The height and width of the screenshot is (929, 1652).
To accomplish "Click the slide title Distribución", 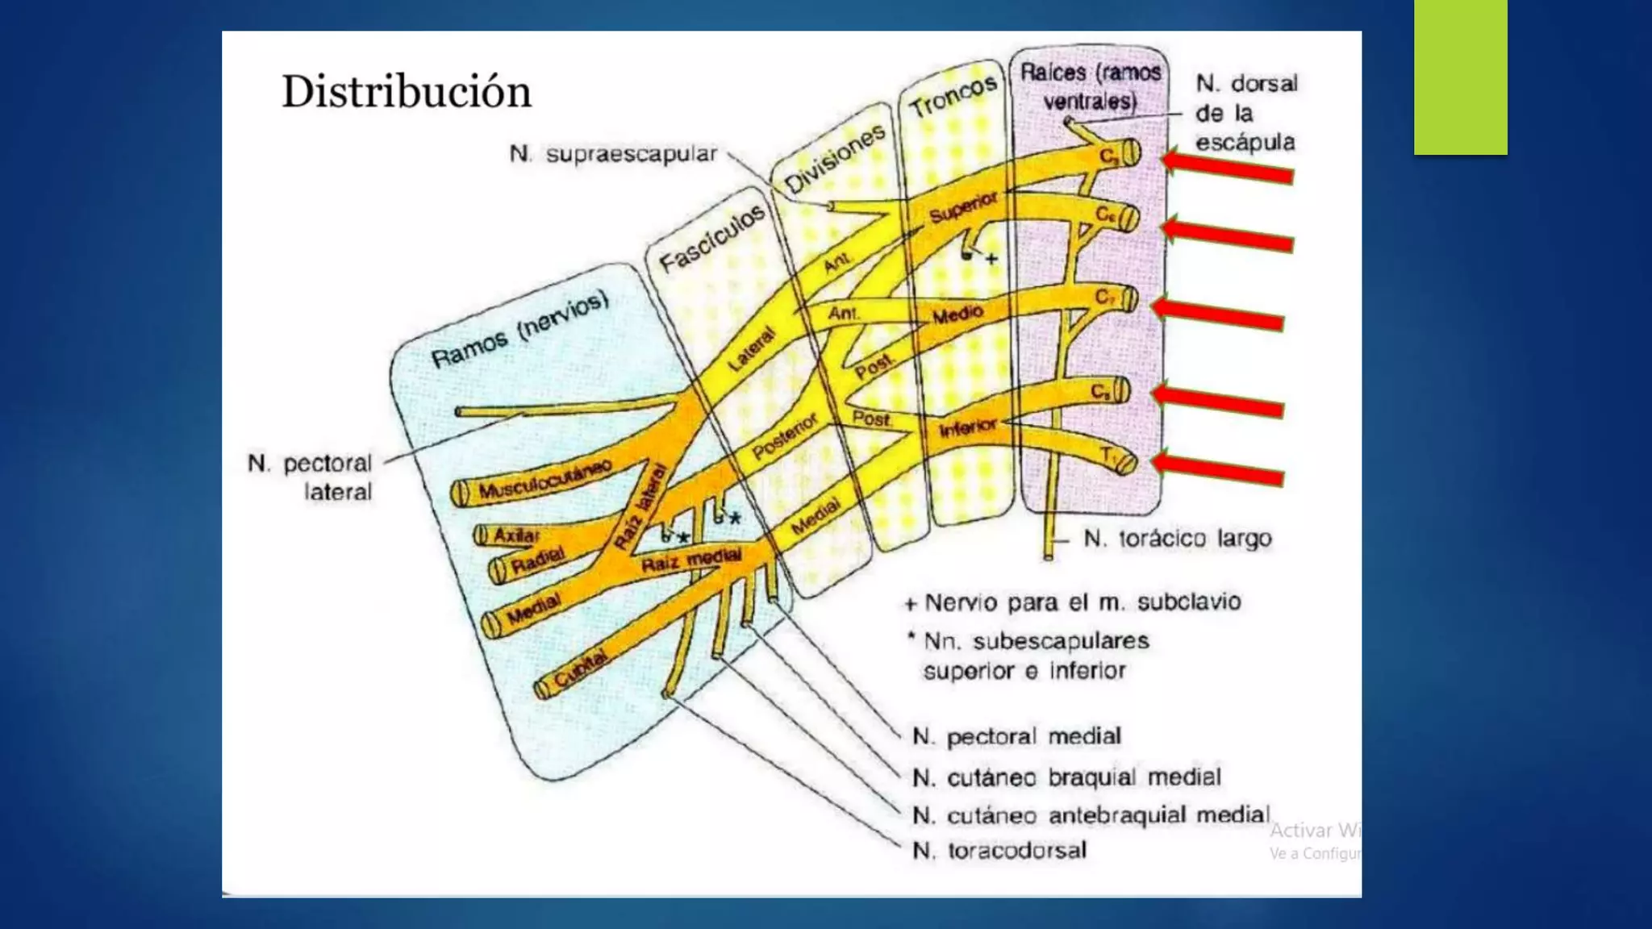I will tap(406, 92).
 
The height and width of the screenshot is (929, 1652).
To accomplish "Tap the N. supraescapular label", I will tap(613, 154).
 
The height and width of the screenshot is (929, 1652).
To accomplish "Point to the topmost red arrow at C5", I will tap(1227, 168).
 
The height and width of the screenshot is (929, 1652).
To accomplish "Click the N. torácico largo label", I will tap(1177, 539).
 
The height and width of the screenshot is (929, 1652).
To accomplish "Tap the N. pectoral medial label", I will tap(1016, 736).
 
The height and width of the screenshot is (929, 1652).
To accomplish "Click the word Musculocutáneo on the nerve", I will tap(544, 479).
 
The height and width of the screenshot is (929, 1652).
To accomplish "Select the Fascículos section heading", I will tap(711, 239).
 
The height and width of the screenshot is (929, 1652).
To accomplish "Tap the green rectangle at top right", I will tap(1460, 77).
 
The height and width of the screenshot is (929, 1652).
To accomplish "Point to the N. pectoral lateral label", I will tap(310, 477).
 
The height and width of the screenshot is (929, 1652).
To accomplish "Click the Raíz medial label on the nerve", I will tap(690, 560).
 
